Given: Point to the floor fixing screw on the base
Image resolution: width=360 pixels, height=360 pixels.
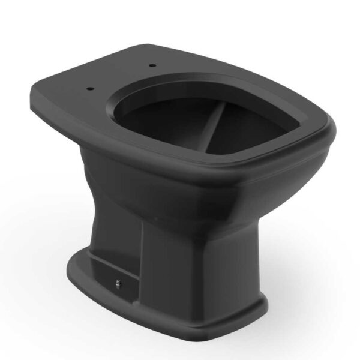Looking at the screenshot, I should click(118, 284).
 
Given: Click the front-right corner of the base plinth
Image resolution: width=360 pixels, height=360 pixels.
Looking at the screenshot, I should click(264, 306).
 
